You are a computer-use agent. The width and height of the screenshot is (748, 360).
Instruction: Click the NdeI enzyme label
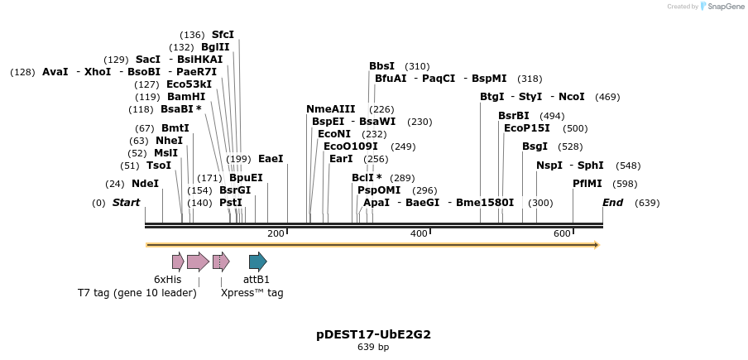coord(145,184)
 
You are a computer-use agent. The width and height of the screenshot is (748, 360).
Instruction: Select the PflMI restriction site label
coord(587,184)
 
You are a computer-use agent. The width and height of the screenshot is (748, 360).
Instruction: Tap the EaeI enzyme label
coord(271,159)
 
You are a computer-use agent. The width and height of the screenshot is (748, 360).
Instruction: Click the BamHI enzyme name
coord(186,97)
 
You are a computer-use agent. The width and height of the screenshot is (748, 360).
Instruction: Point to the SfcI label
coord(223,35)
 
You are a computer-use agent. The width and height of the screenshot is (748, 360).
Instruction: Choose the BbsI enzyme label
coord(381,66)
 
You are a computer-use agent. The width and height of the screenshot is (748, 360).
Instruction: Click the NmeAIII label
coord(330,109)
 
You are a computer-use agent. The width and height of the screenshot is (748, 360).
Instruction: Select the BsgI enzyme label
coord(535,146)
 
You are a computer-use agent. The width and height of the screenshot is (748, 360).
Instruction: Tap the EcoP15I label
coord(527,128)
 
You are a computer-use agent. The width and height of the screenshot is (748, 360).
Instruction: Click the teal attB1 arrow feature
coord(257,262)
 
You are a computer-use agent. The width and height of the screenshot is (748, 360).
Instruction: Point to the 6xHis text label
coord(167,280)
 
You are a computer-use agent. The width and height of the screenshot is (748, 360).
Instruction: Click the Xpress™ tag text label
coord(252,293)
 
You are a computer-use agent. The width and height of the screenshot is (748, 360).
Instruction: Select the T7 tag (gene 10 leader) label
coord(137,293)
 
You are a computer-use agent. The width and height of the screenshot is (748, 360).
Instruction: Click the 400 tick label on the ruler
coord(419,234)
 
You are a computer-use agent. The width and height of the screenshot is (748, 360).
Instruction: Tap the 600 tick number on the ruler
coord(562,234)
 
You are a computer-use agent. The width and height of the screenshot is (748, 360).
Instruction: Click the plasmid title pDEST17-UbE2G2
coord(373,335)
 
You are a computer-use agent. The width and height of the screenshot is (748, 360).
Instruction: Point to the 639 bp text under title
coord(373,348)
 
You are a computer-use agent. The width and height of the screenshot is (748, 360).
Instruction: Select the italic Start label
coord(126,203)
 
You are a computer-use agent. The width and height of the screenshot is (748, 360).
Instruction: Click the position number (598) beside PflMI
coord(625,184)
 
